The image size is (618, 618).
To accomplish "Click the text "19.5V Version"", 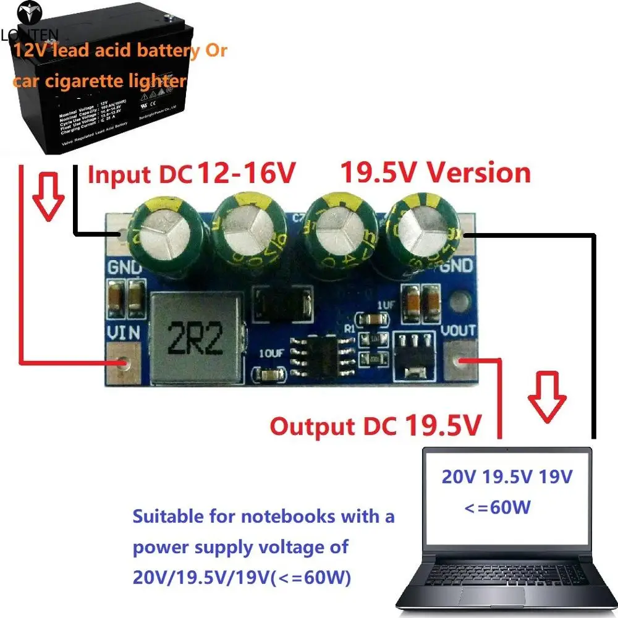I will click(x=435, y=173).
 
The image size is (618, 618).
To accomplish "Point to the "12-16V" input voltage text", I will click(x=244, y=174).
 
